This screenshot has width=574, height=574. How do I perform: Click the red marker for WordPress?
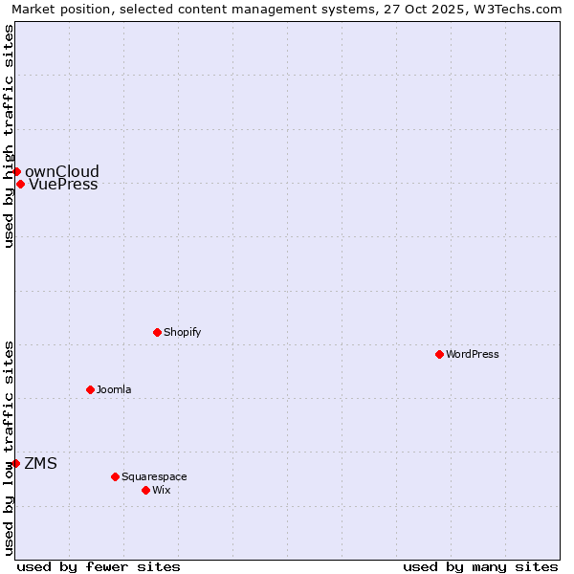(439, 354)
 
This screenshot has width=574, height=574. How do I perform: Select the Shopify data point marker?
(157, 332)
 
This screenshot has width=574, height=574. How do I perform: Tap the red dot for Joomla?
(90, 389)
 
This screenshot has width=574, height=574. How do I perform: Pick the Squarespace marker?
(115, 476)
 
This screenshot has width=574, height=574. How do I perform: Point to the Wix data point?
(145, 490)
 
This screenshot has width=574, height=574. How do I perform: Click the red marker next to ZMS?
(15, 463)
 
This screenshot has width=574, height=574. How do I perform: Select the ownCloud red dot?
(16, 171)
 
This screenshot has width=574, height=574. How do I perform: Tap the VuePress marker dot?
(20, 184)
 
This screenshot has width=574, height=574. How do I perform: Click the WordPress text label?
(473, 354)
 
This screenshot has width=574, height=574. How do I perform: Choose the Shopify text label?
(182, 332)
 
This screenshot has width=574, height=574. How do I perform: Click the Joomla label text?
(114, 389)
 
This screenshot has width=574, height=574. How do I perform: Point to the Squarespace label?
(154, 476)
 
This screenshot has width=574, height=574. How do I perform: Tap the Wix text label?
(161, 490)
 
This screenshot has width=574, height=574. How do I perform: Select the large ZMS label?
(40, 463)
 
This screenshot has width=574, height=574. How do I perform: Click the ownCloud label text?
(62, 171)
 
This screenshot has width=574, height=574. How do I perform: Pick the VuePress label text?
(63, 185)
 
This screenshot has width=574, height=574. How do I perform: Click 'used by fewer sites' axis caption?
(99, 566)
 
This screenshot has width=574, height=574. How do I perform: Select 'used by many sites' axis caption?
(480, 566)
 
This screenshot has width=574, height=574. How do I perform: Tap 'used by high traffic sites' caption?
(9, 136)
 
